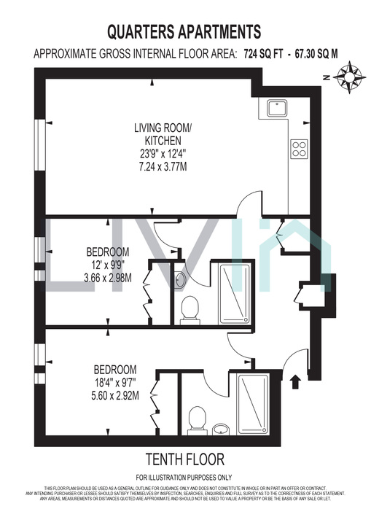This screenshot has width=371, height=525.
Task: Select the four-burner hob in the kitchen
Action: pyautogui.click(x=299, y=148)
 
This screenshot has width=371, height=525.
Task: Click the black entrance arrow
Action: pyautogui.click(x=295, y=380)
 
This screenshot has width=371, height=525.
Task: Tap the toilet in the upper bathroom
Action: pyautogui.click(x=190, y=308)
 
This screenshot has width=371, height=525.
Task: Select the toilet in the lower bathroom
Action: pyautogui.click(x=197, y=419)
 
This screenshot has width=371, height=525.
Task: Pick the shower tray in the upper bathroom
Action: pyautogui.click(x=234, y=294)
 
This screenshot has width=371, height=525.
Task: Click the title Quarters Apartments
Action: pyautogui.click(x=184, y=31)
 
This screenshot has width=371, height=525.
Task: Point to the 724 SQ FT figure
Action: pyautogui.click(x=260, y=53)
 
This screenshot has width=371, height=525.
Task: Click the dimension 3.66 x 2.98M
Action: pyautogui.click(x=112, y=277)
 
